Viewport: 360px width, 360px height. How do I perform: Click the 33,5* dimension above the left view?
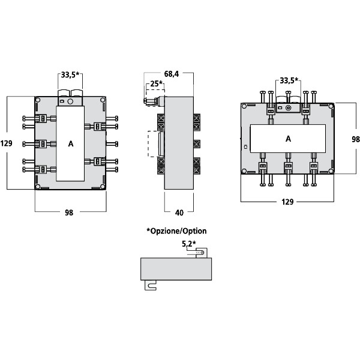point(71,75)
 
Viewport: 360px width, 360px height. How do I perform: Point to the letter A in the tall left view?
point(71,144)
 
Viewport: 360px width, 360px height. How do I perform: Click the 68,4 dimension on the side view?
point(172,74)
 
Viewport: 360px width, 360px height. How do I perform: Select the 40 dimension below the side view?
point(179,212)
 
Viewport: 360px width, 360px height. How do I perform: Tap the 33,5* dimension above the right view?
point(289,80)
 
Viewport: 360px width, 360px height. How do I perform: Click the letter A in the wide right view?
point(288,139)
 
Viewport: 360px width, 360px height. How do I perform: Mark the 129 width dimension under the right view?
point(287,202)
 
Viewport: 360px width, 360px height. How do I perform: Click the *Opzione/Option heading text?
point(176,230)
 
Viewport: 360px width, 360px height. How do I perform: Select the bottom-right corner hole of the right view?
point(331,171)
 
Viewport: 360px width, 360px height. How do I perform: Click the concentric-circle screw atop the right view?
point(289,108)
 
